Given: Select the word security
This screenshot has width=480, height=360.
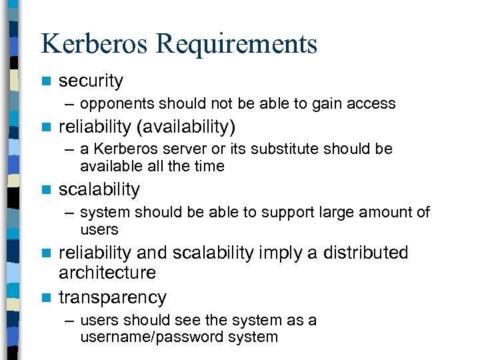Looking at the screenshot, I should [91, 81].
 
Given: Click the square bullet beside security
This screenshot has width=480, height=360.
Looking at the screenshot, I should [45, 81].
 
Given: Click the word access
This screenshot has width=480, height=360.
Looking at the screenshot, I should [373, 104].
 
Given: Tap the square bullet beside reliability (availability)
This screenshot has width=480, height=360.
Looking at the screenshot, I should [45, 127].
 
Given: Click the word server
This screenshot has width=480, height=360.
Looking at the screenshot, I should [199, 149].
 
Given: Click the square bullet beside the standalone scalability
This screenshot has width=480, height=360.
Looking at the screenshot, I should [45, 190].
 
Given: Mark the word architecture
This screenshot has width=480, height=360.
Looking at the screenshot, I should [107, 273].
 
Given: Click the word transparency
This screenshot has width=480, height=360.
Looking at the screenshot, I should [113, 297].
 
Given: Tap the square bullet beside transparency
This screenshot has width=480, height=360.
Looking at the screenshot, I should [45, 297].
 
